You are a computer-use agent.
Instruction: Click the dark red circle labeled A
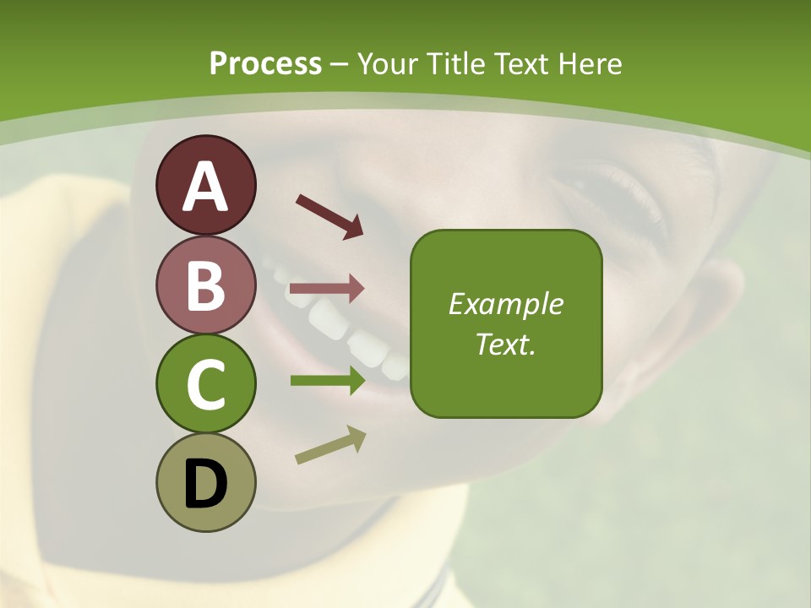pos(206,185)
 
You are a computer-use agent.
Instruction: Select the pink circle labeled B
pos(206,285)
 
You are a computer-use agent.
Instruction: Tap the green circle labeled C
pos(206,384)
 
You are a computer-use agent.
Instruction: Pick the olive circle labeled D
pos(206,483)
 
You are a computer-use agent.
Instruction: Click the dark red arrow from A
pos(329,215)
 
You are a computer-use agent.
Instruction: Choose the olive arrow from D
pos(330,446)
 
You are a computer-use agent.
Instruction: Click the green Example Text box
pos(506,324)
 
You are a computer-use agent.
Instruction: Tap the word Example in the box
pos(506,304)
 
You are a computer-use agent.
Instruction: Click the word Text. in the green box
pos(506,345)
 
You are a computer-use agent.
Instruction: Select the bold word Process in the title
pos(265,63)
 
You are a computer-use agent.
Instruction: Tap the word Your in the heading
pos(388,63)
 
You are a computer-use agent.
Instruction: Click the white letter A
pos(206,187)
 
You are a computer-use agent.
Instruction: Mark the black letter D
pos(206,485)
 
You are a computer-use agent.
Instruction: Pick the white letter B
pos(206,285)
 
